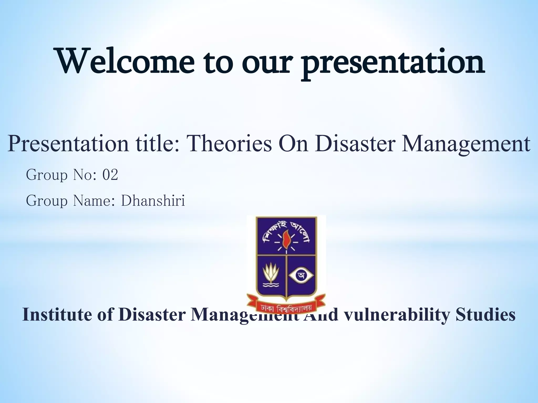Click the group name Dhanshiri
pos(153,201)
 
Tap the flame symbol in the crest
pos(286,237)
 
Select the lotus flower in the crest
pos(271,278)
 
